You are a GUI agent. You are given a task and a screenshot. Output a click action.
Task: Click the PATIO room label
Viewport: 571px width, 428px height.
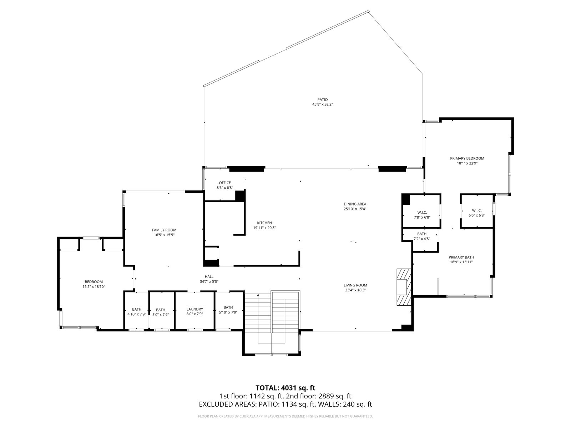322,100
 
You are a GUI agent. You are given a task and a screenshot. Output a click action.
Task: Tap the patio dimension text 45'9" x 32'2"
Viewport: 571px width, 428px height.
322,105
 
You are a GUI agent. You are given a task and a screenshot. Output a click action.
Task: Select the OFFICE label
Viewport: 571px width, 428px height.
225,183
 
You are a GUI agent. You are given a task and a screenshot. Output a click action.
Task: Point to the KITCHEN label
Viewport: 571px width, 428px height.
264,223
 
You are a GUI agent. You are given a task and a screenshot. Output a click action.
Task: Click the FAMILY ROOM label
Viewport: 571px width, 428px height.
164,230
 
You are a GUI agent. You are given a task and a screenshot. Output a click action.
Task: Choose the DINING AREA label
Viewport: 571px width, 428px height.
355,204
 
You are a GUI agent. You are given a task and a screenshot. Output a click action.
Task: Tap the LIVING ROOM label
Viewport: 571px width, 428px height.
355,285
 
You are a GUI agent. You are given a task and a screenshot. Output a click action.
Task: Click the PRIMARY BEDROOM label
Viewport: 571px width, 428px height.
467,158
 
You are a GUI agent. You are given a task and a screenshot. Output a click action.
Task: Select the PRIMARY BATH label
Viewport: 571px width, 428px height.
461,257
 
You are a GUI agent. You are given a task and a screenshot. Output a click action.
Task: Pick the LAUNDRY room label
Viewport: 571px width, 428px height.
194,309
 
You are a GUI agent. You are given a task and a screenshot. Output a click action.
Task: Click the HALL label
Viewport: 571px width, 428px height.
209,277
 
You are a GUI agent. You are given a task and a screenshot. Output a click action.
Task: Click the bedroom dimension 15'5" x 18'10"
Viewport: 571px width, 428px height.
94,287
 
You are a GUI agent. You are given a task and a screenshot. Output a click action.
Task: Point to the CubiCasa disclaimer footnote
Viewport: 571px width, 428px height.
285,416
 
